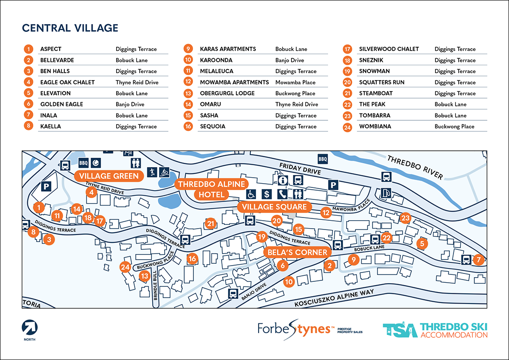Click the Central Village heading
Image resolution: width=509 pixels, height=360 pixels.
pos(70,28)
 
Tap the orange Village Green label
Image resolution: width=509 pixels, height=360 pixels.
pos(108,176)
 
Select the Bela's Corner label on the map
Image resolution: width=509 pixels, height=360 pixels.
pos(298,253)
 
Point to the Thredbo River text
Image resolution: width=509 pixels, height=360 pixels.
pos(415,166)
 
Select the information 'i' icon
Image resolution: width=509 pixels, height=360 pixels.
pos(283,180)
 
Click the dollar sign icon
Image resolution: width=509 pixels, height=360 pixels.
pos(267,194)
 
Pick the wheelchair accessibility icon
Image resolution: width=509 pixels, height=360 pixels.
pos(251,194)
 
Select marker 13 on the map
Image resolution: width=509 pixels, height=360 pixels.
pos(145,277)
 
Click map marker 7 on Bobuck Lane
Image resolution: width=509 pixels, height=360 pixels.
pos(478,260)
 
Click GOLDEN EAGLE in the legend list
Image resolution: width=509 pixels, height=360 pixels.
pos(62,104)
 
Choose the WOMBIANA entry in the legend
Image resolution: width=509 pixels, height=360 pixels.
pos(375,126)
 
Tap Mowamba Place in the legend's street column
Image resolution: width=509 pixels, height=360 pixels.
pos(295,82)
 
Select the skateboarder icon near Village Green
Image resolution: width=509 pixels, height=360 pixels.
pos(151,173)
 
